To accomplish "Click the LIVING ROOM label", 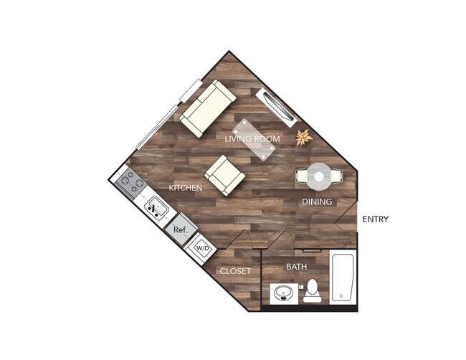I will click(x=252, y=138).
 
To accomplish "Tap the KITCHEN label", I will click(x=185, y=188).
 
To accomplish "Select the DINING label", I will click(x=316, y=202).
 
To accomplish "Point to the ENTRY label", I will click(x=375, y=219).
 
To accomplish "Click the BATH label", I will click(x=296, y=267).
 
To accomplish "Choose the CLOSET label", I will click(x=235, y=271).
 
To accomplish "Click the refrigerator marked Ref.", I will click(x=180, y=229).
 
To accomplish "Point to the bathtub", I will click(x=343, y=278).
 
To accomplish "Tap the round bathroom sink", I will click(x=283, y=294).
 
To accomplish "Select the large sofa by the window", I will click(x=206, y=109).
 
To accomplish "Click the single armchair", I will click(x=225, y=175).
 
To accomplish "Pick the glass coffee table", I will click(x=254, y=138).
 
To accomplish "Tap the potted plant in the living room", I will click(x=305, y=136).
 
